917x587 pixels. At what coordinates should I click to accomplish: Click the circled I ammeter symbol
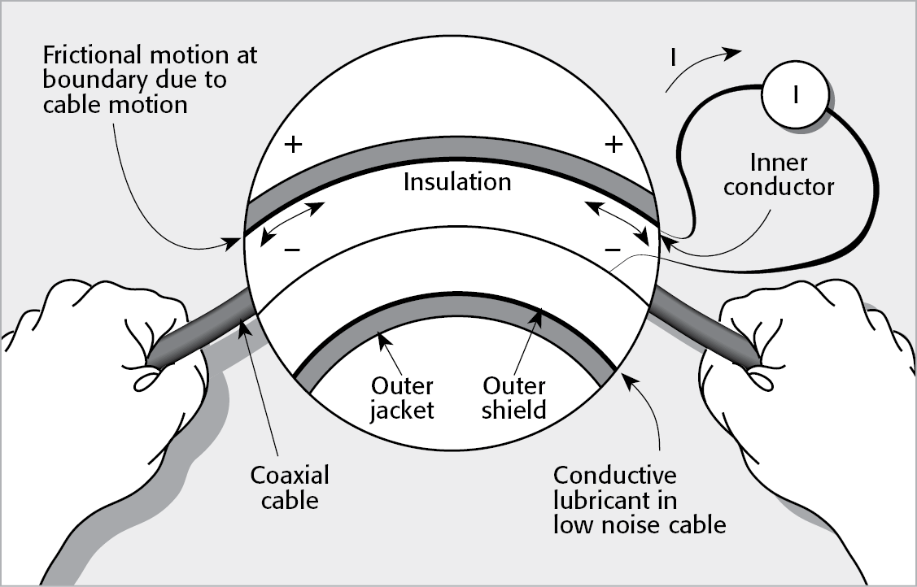click(794, 96)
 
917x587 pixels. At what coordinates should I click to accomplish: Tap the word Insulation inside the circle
click(457, 181)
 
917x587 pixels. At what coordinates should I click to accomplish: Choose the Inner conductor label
click(779, 175)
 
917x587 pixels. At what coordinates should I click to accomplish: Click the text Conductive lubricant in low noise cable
click(639, 499)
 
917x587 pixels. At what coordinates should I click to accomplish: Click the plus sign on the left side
click(293, 146)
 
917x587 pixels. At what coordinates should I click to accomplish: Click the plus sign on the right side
click(614, 146)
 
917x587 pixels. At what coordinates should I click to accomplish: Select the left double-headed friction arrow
click(289, 226)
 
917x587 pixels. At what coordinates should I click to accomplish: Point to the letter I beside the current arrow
click(674, 59)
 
